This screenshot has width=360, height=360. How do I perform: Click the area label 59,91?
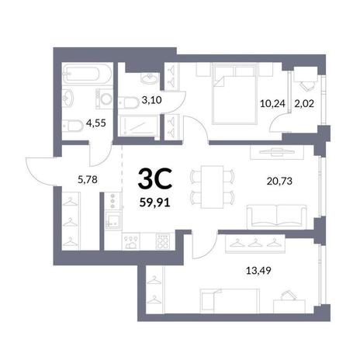click(154, 202)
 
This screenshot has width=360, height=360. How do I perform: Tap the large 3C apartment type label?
click(155, 178)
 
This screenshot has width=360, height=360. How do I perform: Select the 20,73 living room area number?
click(279, 182)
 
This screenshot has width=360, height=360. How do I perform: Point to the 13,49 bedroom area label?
click(258, 271)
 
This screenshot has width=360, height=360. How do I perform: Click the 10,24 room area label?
click(272, 104)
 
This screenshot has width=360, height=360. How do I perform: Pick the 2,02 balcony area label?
click(304, 104)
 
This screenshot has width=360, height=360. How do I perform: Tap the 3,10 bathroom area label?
click(152, 100)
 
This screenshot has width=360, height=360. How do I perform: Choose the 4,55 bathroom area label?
click(96, 123)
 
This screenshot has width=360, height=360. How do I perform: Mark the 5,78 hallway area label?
click(88, 179)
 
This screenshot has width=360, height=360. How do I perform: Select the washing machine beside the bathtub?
click(104, 99)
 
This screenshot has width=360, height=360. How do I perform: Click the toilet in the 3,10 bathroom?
click(129, 102)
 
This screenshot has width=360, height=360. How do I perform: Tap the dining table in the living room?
click(212, 187)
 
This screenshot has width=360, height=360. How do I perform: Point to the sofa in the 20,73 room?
click(277, 216)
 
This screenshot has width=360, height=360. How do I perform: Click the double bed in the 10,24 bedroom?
click(234, 94)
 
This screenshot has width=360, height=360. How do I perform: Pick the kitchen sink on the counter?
click(113, 220)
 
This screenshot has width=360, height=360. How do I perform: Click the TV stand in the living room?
click(277, 153)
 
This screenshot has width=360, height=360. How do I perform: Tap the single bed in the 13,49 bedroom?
click(230, 301)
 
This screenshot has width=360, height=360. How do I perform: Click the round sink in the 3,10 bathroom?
click(149, 78)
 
